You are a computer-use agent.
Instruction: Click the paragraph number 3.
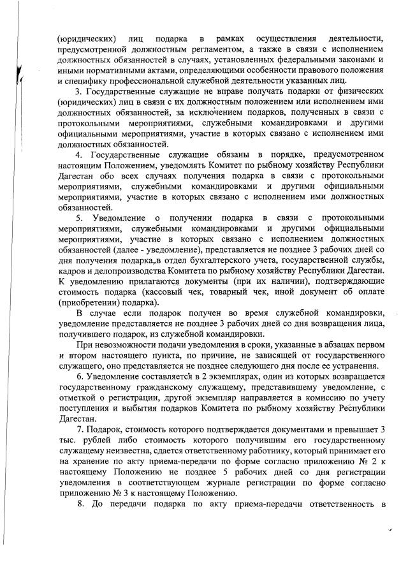tap(78, 91)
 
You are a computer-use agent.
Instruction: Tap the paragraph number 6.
tap(78, 377)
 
